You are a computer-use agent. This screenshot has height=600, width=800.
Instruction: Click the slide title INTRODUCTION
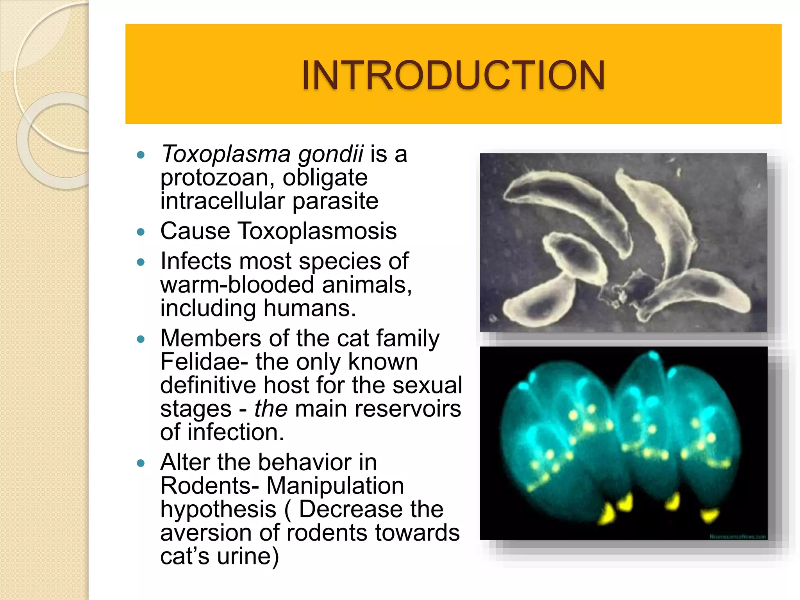[453, 75]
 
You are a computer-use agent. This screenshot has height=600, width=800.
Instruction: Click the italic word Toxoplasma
[226, 154]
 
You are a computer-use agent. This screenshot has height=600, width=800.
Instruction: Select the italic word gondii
[331, 154]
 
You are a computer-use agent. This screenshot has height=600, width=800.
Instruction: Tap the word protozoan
[214, 178]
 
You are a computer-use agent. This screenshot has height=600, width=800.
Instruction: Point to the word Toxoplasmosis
[317, 231]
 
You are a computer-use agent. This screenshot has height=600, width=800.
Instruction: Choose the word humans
[309, 308]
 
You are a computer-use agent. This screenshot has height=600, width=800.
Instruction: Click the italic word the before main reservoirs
[271, 409]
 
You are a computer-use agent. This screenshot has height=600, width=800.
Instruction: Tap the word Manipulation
[335, 486]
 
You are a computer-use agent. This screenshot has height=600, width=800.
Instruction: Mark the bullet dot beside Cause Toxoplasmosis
[141, 232]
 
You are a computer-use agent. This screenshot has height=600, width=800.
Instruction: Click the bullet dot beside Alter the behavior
[141, 464]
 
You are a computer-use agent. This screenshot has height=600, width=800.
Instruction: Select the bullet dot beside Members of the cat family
[141, 339]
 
